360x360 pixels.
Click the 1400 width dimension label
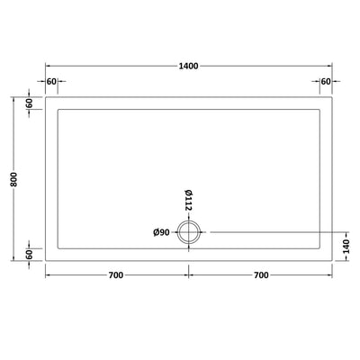(x=187, y=66)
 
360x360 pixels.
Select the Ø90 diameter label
(x=162, y=233)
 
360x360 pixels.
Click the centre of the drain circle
(x=189, y=233)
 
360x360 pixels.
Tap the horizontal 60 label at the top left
(x=51, y=82)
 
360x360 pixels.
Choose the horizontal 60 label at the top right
(x=323, y=82)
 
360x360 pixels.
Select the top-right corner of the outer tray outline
(x=330, y=98)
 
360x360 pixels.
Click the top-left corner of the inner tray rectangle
(x=58, y=110)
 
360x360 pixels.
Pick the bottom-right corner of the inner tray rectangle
(x=319, y=249)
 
